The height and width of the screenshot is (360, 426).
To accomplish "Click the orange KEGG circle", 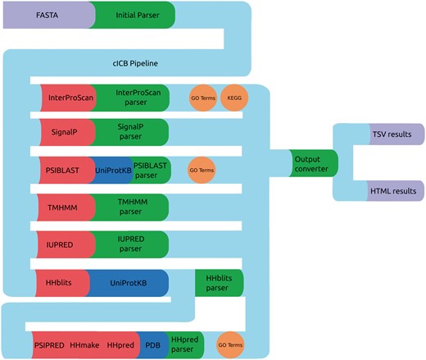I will (233, 98).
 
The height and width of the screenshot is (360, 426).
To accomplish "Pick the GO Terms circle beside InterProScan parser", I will (203, 98).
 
